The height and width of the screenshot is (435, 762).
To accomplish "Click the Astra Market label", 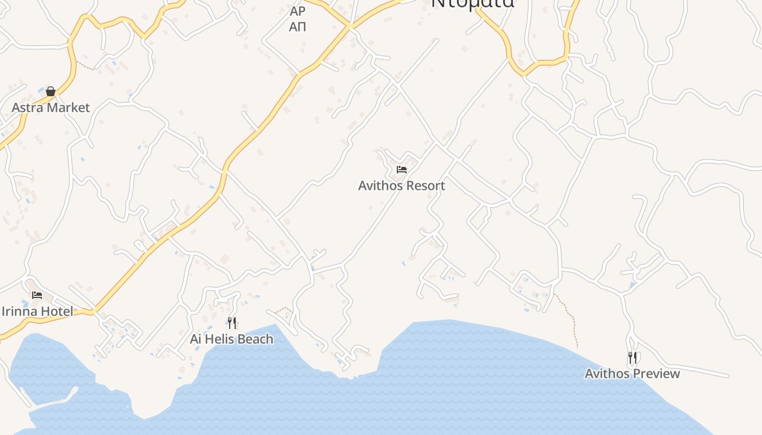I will pos(51,107).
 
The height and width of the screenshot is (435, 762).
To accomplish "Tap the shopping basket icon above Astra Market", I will pos(51,91).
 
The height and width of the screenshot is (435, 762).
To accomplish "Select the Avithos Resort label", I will pos(402,185).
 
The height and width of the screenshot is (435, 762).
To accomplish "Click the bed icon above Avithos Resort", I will pos(402,170).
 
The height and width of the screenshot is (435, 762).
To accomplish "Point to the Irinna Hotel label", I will pos(38,312).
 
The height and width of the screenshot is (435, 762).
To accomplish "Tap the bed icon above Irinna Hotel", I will pos(37,295).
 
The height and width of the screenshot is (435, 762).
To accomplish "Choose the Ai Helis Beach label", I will pos(231,339).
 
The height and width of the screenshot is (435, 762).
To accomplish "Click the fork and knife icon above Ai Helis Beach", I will pos(232,323).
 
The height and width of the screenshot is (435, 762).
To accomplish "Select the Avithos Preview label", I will pos(632,374).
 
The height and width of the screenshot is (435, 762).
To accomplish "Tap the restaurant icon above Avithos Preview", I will pos(632,358).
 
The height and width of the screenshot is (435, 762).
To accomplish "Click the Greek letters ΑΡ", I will pos(298,11).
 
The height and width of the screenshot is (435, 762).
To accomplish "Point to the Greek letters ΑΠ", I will pos(298,26).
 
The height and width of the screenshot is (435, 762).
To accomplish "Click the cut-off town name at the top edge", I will pos(472,3).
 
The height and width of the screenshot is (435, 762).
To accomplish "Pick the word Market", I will pos(68,107).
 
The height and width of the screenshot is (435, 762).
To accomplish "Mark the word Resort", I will pos(425,185).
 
